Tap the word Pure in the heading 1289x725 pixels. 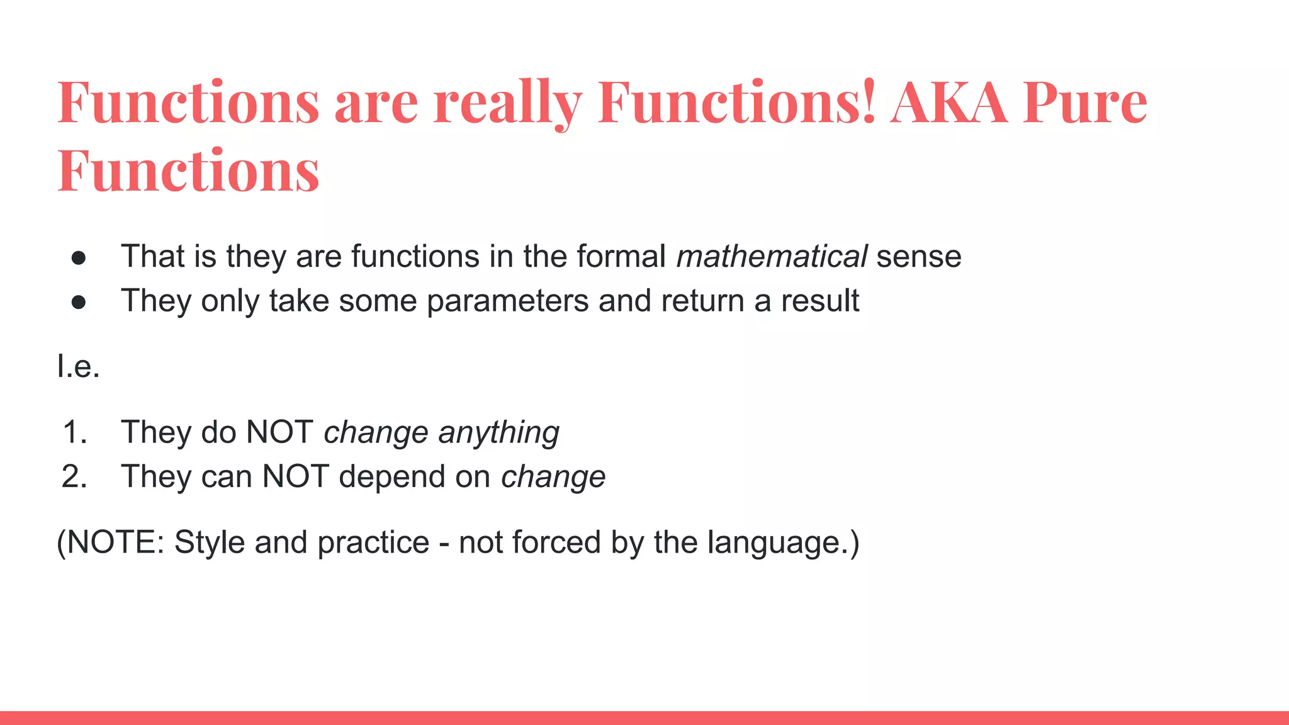1085,103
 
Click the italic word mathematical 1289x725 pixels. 772,257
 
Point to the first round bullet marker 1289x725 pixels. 79,258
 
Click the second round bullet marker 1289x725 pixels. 79,303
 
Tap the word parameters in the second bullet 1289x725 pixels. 507,301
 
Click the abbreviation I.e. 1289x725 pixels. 78,366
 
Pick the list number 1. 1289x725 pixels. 74,432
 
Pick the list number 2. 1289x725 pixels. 74,476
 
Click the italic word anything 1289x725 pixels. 498,434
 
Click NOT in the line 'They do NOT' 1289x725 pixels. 279,432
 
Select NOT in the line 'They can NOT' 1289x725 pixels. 295,476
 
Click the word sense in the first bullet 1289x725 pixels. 918,257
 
